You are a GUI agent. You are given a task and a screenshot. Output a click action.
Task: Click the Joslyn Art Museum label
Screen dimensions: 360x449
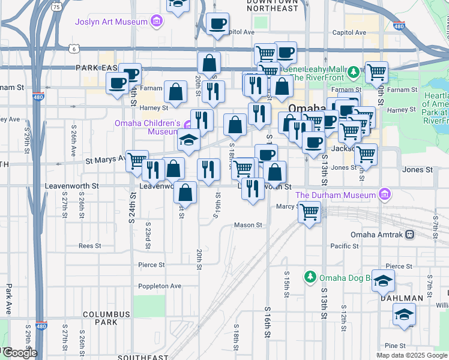click(111, 22)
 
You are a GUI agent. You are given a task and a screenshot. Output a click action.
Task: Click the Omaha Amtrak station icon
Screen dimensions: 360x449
click(409, 235)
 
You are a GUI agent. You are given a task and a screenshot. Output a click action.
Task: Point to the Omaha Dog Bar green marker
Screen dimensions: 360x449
click(310, 277)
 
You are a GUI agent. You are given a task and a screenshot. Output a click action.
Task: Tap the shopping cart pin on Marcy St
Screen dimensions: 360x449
click(310, 211)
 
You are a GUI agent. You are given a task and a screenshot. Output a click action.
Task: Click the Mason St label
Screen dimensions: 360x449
click(248, 226)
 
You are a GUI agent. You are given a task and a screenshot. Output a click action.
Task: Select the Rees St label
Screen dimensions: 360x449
click(89, 246)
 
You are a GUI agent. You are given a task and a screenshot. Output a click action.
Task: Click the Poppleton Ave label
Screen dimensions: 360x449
click(160, 286)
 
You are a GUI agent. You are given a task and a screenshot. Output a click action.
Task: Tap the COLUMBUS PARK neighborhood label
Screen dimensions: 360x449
click(106, 318)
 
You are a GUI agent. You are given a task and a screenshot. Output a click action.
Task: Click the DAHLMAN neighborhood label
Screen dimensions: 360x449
click(403, 298)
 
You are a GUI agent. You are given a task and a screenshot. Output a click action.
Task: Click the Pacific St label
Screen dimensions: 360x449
click(345, 246)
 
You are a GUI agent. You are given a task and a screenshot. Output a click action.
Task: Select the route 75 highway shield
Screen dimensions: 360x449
click(56, 7)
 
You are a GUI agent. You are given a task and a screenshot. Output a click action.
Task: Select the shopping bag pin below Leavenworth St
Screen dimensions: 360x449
click(186, 193)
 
